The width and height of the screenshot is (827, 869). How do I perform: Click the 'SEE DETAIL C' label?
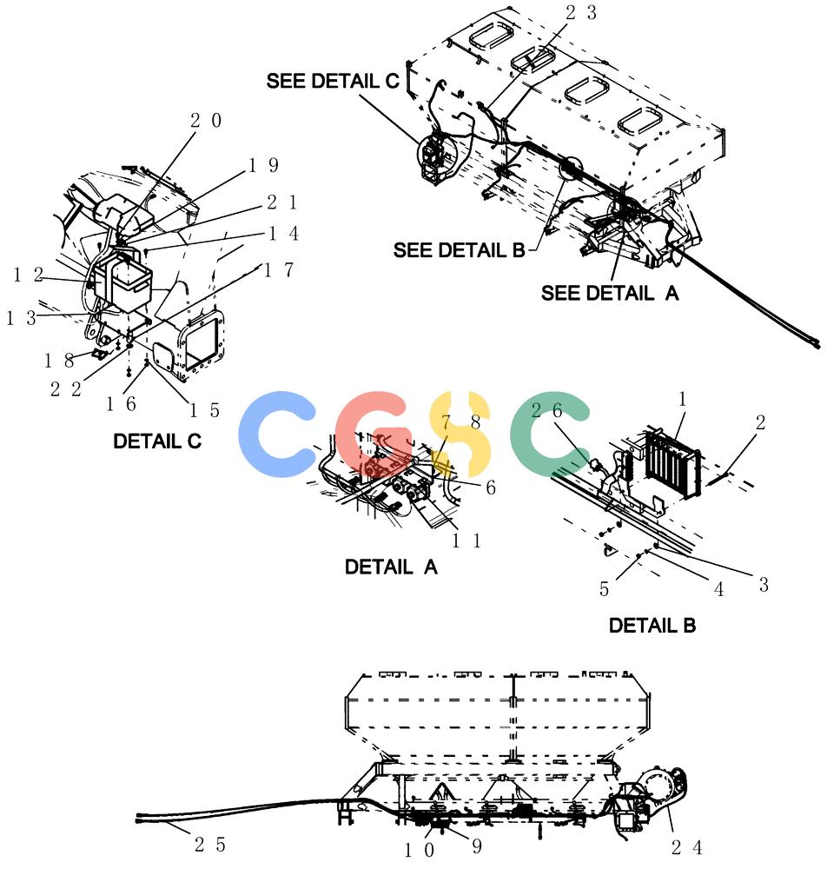[333, 81]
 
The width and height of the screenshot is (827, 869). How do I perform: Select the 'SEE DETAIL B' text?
[459, 250]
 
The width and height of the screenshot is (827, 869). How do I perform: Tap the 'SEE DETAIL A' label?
[610, 293]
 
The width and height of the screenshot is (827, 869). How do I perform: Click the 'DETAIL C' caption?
[156, 441]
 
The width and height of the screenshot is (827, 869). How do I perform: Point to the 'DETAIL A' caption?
[391, 567]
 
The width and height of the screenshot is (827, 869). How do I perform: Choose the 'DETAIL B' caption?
[652, 626]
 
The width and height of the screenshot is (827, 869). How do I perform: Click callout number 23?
[581, 12]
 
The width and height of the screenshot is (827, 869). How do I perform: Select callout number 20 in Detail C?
[206, 120]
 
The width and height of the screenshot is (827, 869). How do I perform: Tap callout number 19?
[263, 165]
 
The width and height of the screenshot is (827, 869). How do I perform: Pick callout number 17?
[279, 270]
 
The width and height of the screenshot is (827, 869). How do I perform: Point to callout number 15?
[205, 410]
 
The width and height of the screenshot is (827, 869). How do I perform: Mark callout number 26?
[546, 410]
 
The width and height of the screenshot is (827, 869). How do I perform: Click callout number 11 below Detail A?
[466, 541]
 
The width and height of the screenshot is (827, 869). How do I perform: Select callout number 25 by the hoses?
[210, 845]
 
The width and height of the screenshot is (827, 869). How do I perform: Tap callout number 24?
[687, 847]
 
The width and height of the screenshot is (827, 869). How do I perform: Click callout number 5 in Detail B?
[605, 589]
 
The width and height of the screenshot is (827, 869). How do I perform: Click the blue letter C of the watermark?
[277, 434]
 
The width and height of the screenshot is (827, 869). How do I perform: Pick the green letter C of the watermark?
[550, 434]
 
